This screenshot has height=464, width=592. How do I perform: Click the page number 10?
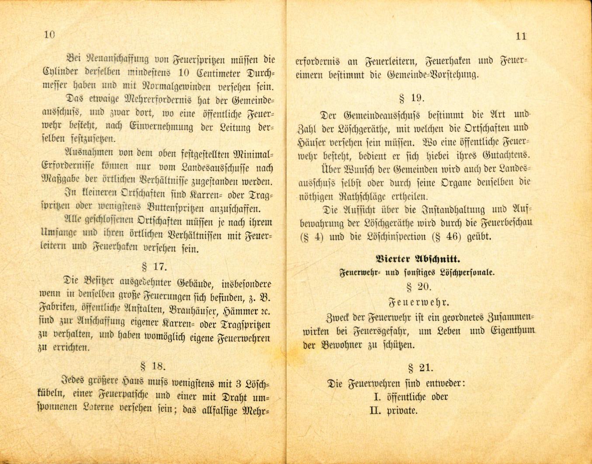point(50,35)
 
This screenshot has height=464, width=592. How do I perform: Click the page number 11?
point(521,36)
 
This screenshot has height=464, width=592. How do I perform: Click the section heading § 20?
point(419,287)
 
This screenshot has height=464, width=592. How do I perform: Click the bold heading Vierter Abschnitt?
point(419,258)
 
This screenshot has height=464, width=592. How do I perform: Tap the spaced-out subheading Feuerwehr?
point(419,302)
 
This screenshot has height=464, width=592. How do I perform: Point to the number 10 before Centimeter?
point(184,72)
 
